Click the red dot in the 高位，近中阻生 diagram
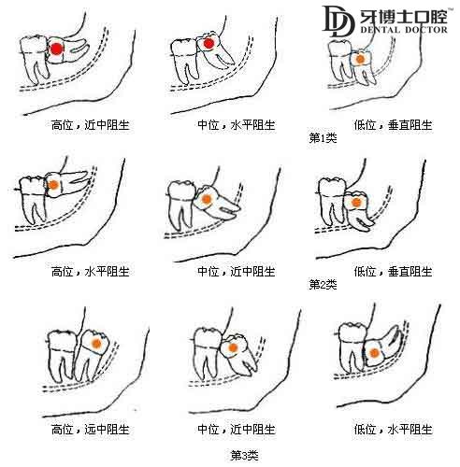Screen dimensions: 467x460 click(x=56, y=49)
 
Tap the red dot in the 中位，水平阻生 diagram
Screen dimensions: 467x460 click(x=208, y=44)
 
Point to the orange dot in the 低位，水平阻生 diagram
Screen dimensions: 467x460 click(x=373, y=353)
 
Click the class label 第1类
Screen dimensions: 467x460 click(x=323, y=137)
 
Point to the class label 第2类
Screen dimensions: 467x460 click(x=323, y=284)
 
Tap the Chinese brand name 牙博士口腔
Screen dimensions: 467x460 click(x=403, y=15)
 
